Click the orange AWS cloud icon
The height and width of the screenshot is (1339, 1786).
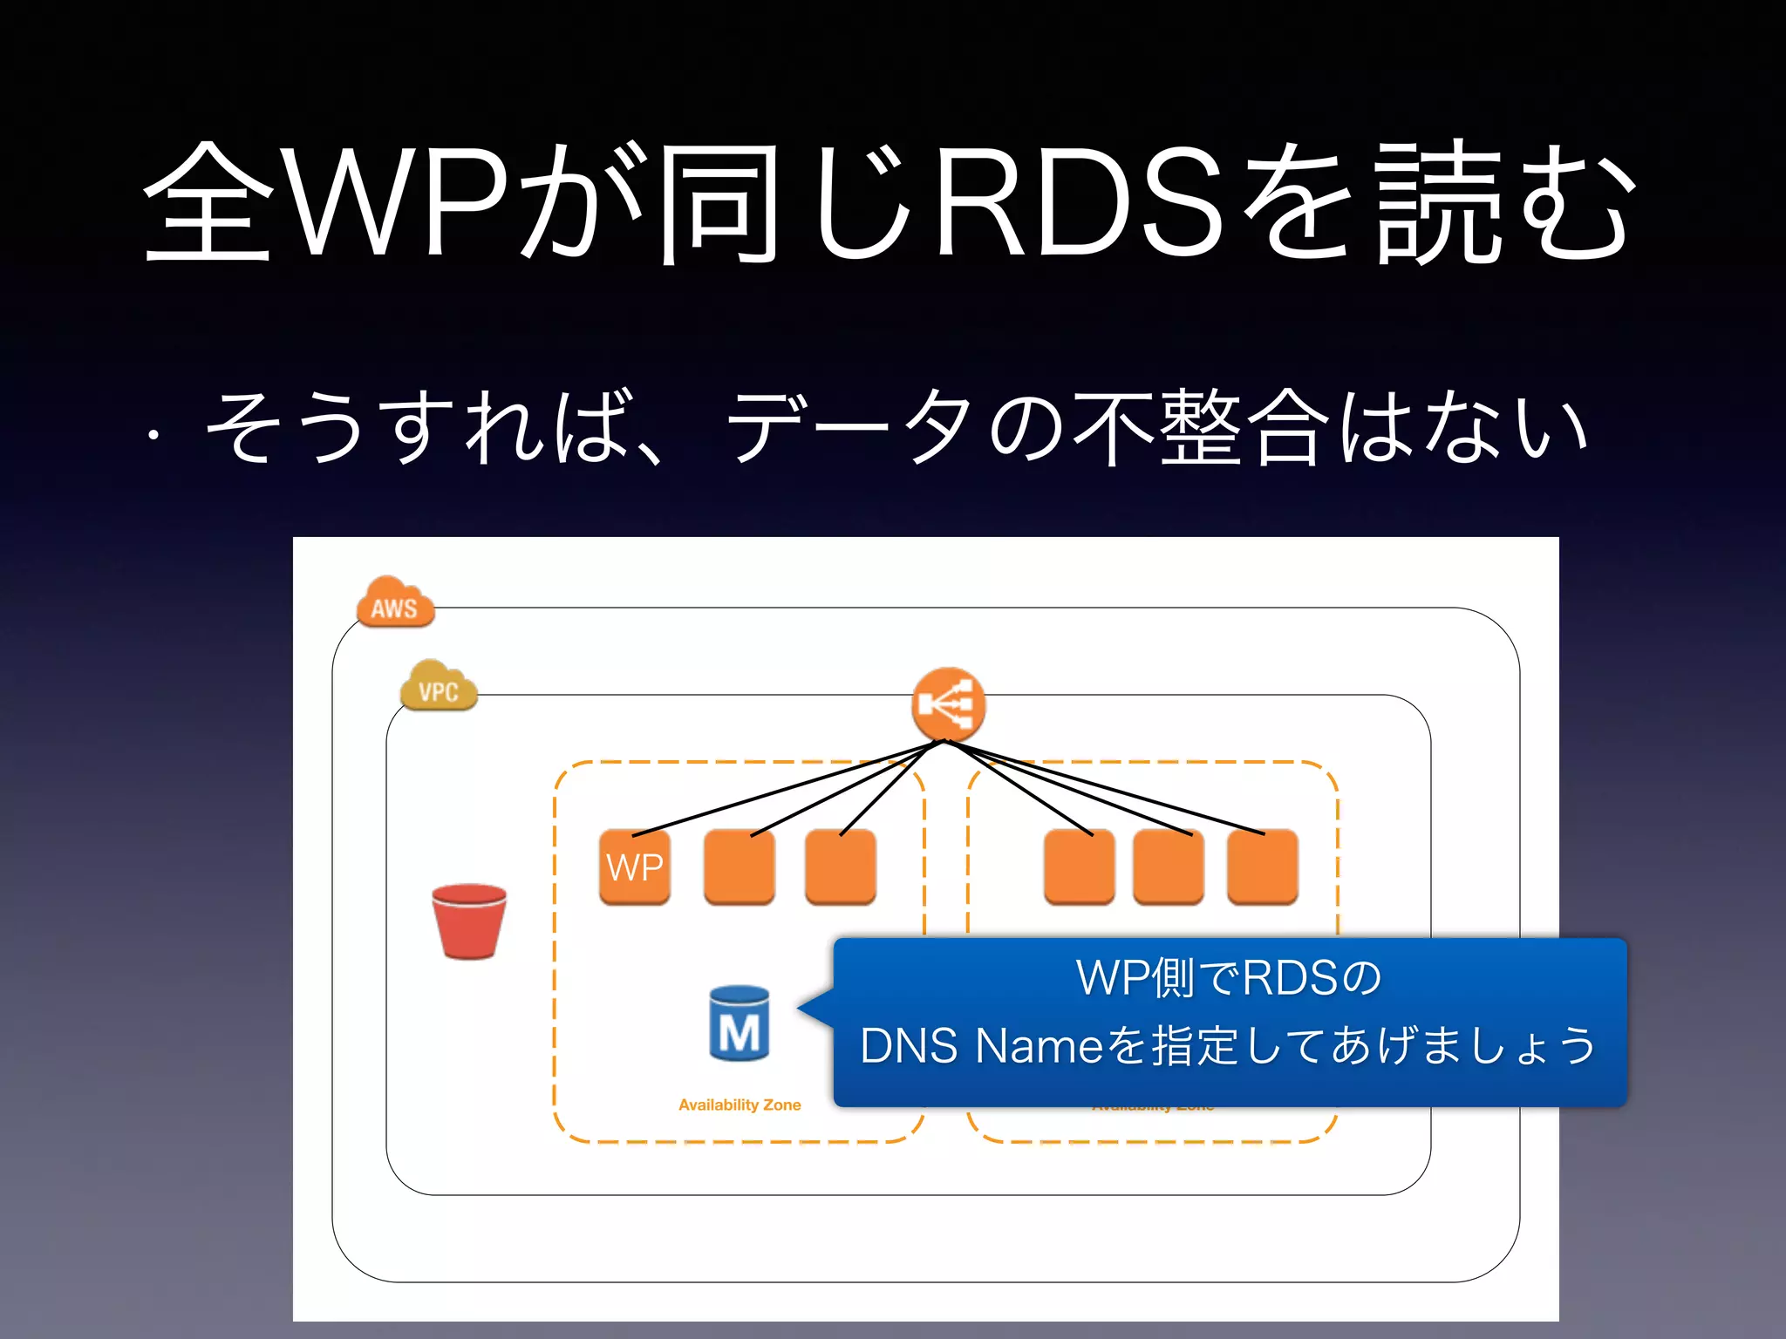[395, 602]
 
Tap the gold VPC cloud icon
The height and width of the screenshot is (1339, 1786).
[439, 687]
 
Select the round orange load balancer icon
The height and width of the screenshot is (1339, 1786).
[948, 704]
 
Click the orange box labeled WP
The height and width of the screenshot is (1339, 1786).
[635, 867]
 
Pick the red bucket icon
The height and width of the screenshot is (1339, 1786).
[469, 921]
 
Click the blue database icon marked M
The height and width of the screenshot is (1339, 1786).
[740, 1023]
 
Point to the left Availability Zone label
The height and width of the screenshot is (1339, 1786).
[740, 1105]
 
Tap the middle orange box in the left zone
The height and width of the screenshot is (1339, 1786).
[740, 867]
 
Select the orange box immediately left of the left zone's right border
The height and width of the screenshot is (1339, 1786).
[841, 867]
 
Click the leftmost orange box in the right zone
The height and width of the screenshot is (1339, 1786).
[1080, 867]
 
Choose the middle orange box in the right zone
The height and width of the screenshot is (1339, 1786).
[1169, 867]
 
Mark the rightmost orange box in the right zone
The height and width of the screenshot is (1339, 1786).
[1263, 867]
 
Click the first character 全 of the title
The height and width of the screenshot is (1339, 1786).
[208, 202]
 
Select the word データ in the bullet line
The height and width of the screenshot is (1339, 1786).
[850, 427]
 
